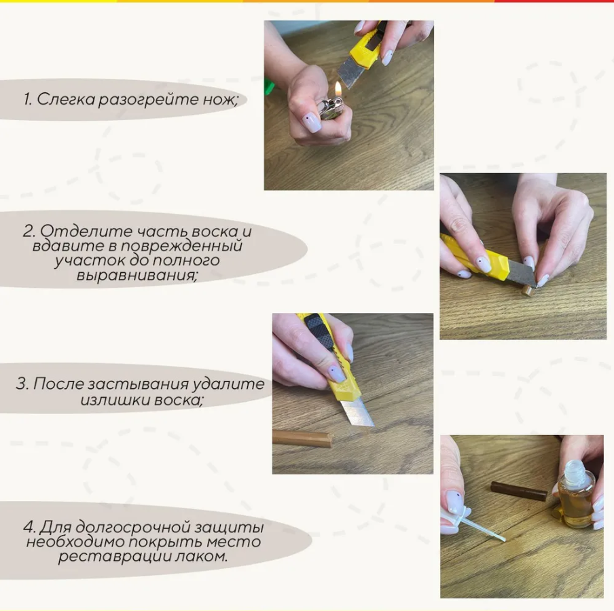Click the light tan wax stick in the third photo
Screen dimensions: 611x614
coord(302,438)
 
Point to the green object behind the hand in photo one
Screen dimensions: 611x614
coord(269,88)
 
